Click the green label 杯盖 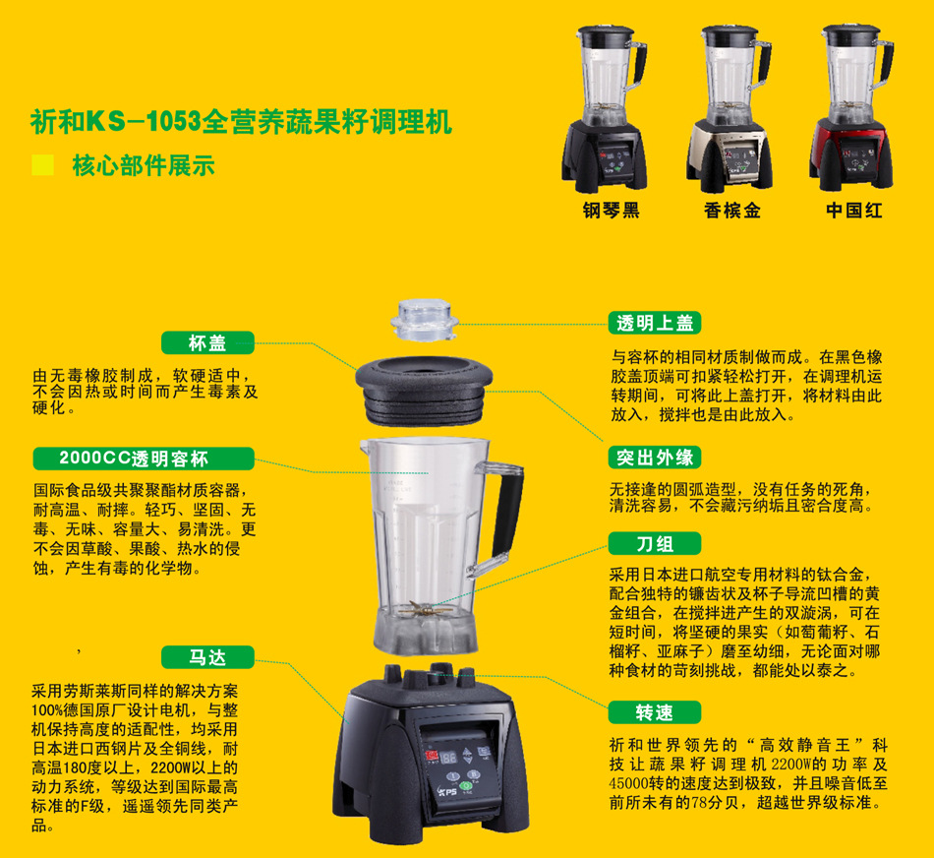(206, 342)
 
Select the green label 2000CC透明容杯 (143, 459)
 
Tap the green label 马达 (206, 655)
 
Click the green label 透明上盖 (655, 323)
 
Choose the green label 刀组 (655, 543)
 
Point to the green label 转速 (655, 711)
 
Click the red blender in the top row (852, 108)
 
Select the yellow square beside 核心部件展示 (42, 165)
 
